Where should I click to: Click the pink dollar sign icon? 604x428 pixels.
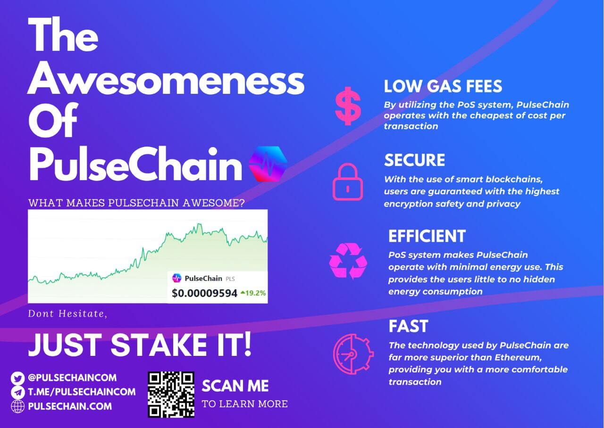[x=348, y=106]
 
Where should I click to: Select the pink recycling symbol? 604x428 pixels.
[x=348, y=261]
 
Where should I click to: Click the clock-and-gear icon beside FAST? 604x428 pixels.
[x=353, y=354]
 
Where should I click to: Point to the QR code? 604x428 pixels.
[x=171, y=395]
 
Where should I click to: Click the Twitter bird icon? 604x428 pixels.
[x=17, y=378]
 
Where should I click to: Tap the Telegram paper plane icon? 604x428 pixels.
[x=17, y=393]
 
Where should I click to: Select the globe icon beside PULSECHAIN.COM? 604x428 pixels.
[x=17, y=406]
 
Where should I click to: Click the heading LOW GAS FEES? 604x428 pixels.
[x=443, y=86]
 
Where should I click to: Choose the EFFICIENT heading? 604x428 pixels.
[x=427, y=236]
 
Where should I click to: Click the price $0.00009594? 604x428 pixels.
[x=204, y=293]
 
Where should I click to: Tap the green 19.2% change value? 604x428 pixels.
[x=253, y=293]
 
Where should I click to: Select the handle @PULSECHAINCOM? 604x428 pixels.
[x=72, y=378]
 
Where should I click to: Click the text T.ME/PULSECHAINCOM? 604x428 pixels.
[x=82, y=392]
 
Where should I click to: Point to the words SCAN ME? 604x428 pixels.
[x=235, y=386]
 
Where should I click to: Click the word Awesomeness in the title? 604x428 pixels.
[x=166, y=80]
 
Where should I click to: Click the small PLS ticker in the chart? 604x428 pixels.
[x=230, y=279]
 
